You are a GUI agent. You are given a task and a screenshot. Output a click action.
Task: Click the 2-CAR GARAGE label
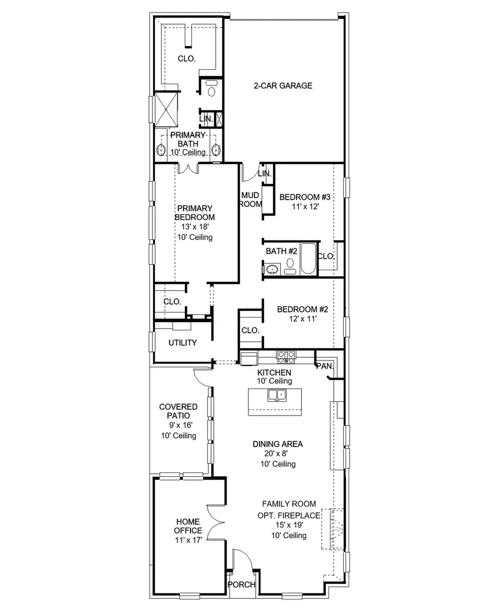283,85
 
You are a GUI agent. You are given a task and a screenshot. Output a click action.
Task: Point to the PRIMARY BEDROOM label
194,212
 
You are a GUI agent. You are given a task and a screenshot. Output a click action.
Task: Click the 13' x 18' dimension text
194,227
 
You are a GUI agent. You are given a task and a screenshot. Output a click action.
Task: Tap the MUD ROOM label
251,200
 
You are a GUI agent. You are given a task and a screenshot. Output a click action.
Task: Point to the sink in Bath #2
272,270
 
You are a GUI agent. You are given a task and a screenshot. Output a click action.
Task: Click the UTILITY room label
182,342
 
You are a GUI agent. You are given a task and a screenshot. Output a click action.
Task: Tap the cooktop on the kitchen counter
286,357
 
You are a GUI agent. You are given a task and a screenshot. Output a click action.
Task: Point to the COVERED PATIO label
178,411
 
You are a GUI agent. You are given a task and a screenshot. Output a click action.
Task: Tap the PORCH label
241,585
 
